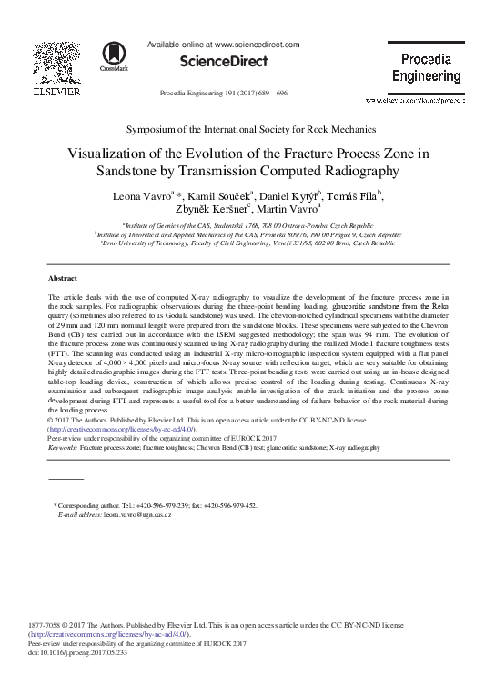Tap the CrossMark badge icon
pos(115,56)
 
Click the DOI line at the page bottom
pos(82,653)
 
